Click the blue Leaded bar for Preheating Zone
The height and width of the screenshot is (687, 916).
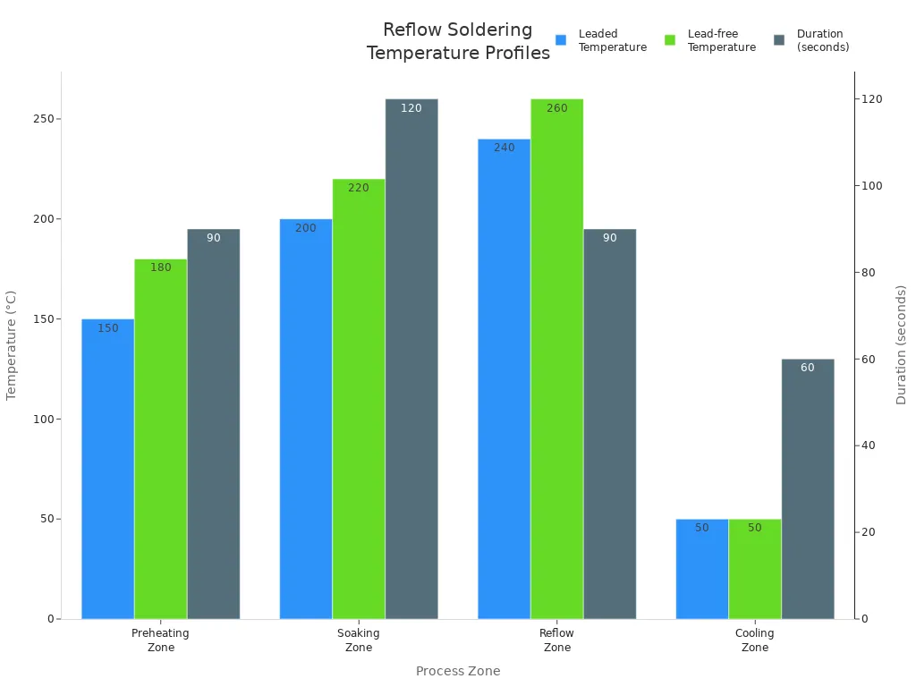[x=107, y=469]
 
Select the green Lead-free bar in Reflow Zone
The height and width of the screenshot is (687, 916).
[x=556, y=358]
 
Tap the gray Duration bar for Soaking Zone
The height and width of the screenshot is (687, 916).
[x=411, y=358]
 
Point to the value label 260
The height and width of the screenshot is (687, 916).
[x=556, y=108]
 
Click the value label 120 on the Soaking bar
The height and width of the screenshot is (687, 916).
[x=411, y=108]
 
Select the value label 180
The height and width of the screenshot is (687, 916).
[x=161, y=267]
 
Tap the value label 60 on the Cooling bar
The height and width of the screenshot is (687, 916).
[x=808, y=368]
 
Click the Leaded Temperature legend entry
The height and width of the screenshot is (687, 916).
[x=601, y=40]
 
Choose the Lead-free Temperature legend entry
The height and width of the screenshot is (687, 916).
[x=710, y=40]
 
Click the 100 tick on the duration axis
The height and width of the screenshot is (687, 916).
[x=871, y=186]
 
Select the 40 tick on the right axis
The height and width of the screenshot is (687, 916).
[x=869, y=445]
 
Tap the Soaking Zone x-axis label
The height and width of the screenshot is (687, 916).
[x=359, y=640]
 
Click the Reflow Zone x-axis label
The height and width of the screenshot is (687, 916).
[x=556, y=640]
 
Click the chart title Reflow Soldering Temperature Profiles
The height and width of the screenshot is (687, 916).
[x=458, y=41]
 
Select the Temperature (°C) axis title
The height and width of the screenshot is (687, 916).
[x=12, y=344]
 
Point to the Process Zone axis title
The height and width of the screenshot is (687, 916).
[x=458, y=671]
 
